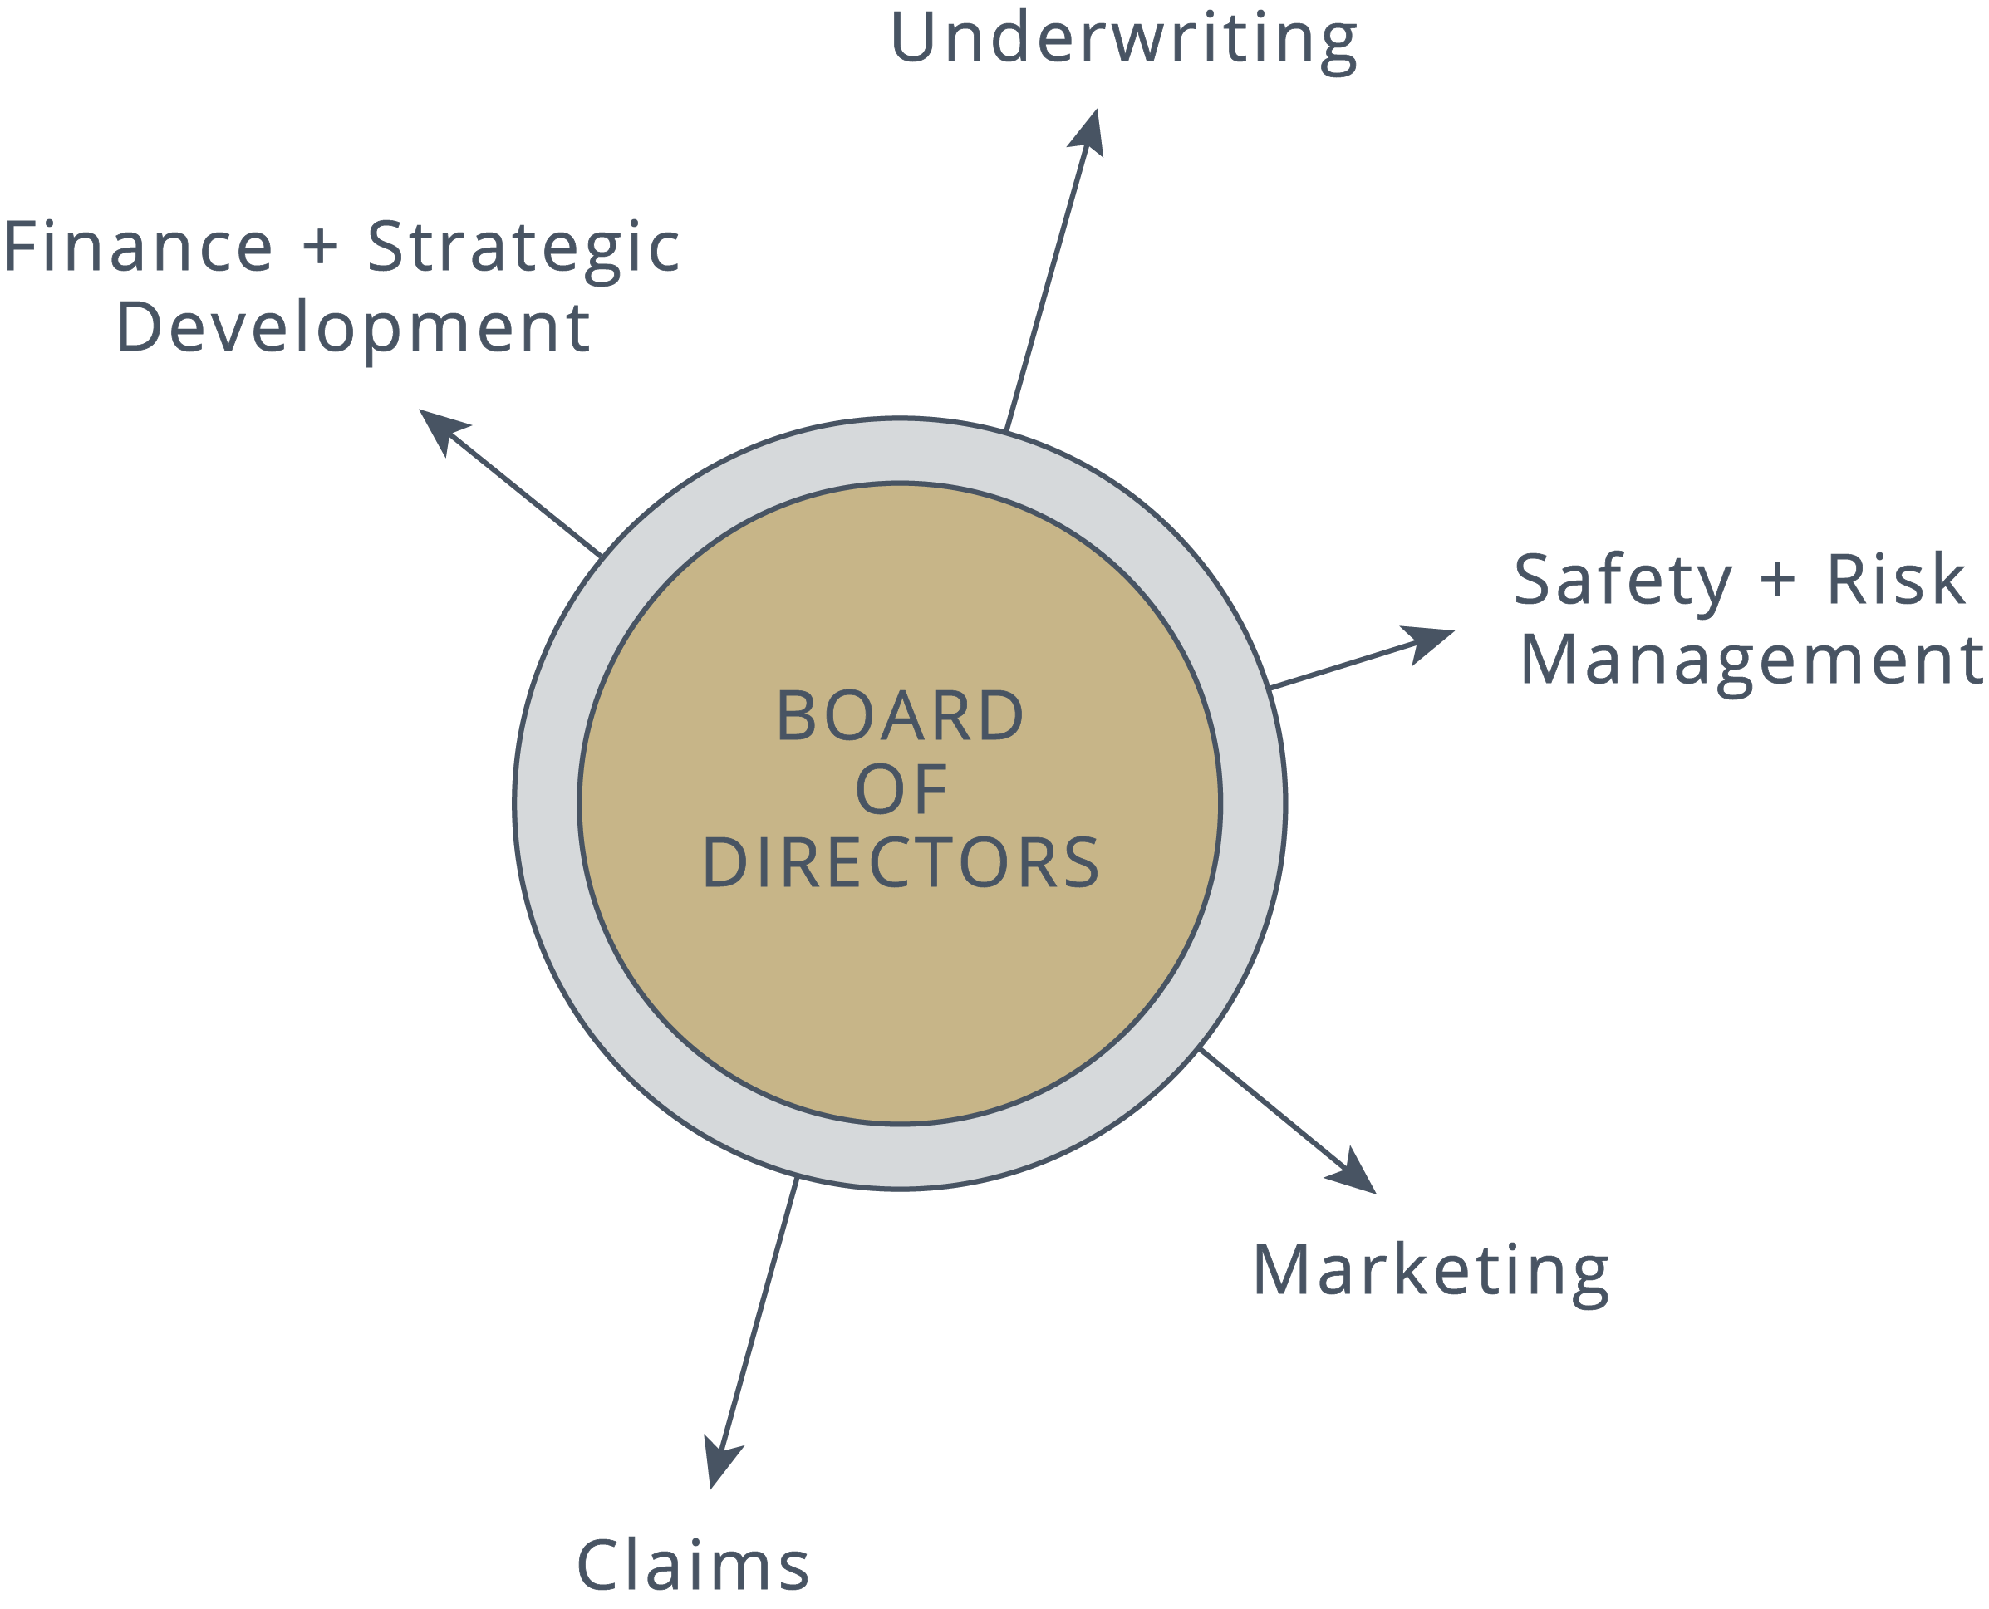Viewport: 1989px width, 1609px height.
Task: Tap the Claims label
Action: tap(692, 1566)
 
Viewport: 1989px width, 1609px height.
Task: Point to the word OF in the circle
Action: tap(901, 790)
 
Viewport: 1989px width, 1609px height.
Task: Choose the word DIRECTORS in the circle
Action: tap(901, 863)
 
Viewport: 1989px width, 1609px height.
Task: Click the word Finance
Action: tap(138, 248)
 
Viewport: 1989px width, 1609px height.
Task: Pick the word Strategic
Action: tap(523, 249)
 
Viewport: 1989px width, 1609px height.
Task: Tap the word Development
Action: tap(352, 329)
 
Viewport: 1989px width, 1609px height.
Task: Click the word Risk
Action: tap(1895, 579)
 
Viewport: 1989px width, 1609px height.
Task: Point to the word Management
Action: tap(1751, 661)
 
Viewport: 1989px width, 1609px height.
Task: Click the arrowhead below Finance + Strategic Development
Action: tap(442, 427)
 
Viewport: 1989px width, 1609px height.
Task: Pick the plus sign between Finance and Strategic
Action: tap(321, 248)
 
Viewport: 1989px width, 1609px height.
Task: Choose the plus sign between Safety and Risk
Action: tap(1778, 579)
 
